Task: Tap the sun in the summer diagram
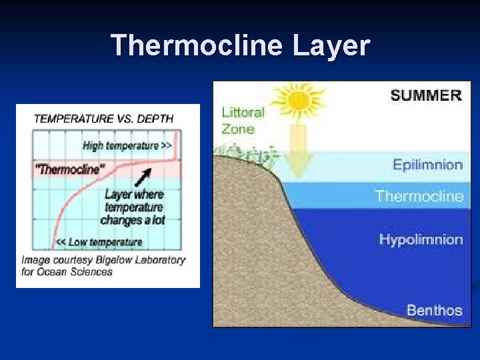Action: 299,102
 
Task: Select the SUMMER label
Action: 426,95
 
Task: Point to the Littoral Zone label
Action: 243,120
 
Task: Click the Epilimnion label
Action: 427,165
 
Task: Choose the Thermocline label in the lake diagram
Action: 419,196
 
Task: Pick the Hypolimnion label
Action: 421,239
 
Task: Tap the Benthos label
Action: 434,310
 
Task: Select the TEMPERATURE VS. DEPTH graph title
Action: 103,119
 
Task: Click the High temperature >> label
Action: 127,145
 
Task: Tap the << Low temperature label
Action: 99,242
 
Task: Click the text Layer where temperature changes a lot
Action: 134,207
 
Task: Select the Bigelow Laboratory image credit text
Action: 103,265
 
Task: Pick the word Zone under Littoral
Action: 238,129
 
